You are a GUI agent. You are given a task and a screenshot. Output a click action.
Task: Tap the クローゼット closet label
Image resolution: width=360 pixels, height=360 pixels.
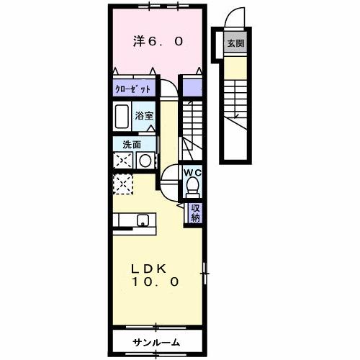[x=132, y=90]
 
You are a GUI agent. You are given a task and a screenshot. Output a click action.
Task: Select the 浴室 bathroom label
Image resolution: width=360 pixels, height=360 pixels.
[x=145, y=115]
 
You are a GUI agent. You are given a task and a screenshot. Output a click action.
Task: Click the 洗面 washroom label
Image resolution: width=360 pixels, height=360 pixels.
[x=123, y=144]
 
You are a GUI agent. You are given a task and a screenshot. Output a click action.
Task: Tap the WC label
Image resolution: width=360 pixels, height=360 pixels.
[x=192, y=173]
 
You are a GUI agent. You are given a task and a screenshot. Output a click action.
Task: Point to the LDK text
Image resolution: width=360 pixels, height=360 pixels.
[x=150, y=268]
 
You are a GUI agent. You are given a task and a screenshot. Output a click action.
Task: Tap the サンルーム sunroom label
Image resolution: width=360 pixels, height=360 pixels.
[x=156, y=341]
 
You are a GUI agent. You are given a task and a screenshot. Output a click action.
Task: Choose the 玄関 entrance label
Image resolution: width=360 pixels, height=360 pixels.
[x=235, y=44]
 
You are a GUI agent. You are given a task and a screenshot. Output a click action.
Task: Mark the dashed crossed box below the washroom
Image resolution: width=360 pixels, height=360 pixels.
[x=122, y=184]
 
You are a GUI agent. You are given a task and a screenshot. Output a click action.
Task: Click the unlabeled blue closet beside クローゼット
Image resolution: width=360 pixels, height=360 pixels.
[x=192, y=89]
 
